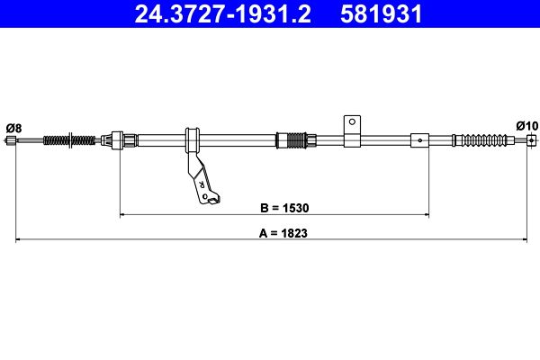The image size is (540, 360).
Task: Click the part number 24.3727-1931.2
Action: pyautogui.click(x=222, y=14)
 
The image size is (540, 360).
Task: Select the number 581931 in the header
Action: pyautogui.click(x=382, y=14)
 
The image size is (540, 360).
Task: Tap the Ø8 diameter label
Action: pyautogui.click(x=13, y=128)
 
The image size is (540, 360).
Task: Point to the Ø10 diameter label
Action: pyautogui.click(x=526, y=126)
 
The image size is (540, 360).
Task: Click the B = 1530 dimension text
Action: pyautogui.click(x=284, y=208)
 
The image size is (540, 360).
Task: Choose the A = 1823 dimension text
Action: pyautogui.click(x=283, y=233)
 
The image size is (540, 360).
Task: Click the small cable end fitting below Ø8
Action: pyautogui.click(x=11, y=140)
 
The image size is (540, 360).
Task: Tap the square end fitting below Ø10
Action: pyautogui.click(x=532, y=140)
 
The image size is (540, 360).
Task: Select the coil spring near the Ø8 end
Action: pyautogui.click(x=69, y=140)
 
